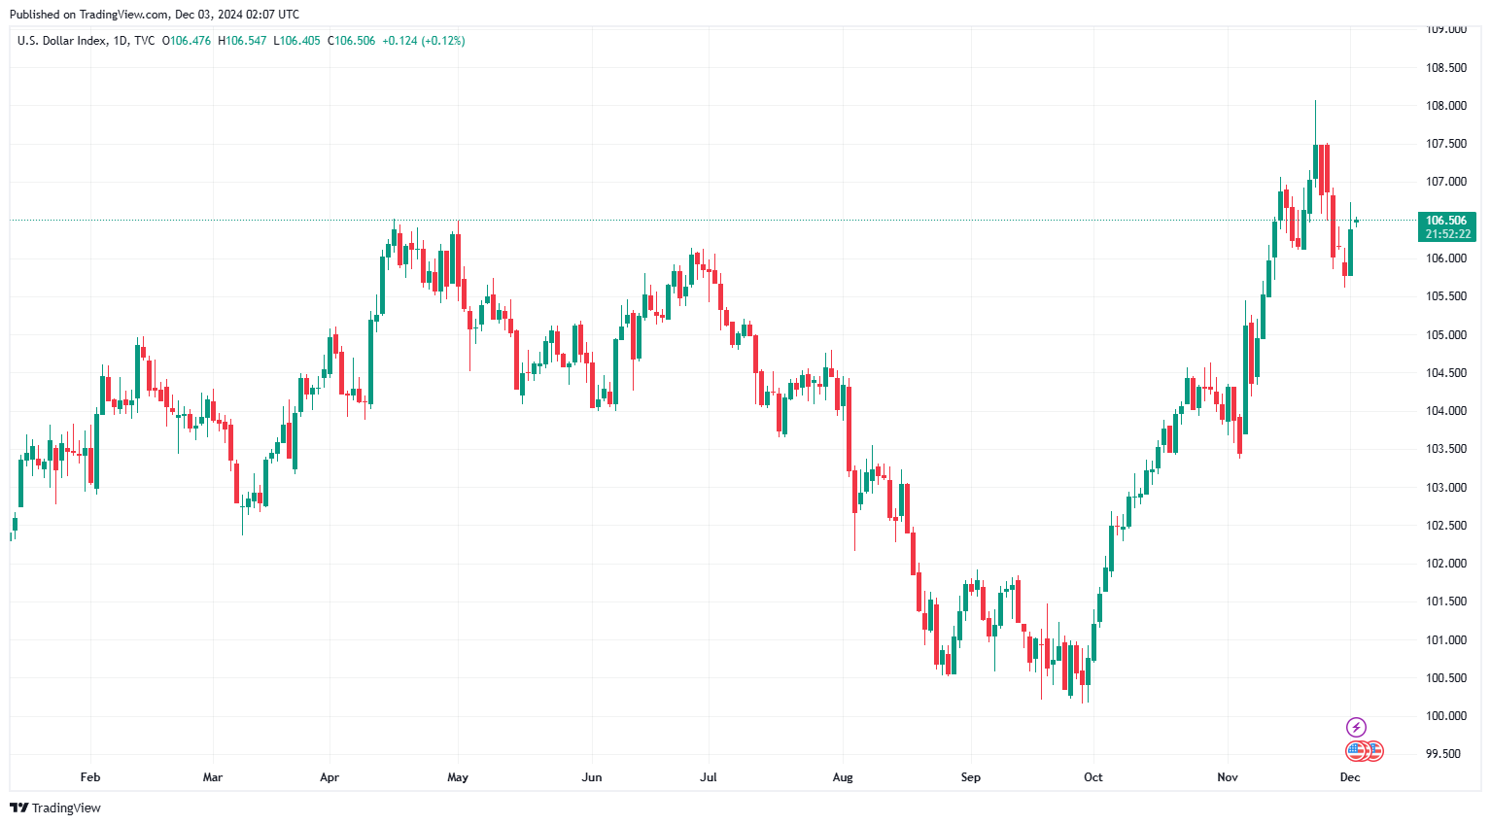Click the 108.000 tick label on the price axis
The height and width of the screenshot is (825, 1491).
1445,106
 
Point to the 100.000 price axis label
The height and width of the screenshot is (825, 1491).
1445,716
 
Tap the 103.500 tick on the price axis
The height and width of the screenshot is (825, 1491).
1445,449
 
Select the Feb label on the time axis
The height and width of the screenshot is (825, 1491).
90,777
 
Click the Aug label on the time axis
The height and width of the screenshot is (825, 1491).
843,777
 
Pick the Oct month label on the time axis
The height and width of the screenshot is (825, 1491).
1093,777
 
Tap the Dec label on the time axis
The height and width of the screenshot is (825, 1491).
1350,777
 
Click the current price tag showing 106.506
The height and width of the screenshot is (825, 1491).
1446,221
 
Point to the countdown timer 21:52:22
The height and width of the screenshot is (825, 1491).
1447,234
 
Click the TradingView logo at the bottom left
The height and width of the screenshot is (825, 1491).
55,808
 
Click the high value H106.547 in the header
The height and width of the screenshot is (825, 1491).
242,41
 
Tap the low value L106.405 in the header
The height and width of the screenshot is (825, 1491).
296,41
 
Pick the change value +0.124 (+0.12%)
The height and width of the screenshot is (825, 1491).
423,41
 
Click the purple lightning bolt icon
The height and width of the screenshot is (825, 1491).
1356,727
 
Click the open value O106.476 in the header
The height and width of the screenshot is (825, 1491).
187,41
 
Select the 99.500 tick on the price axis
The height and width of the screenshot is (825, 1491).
1445,754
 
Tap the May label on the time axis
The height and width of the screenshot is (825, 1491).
458,777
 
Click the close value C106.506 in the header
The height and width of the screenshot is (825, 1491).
351,41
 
